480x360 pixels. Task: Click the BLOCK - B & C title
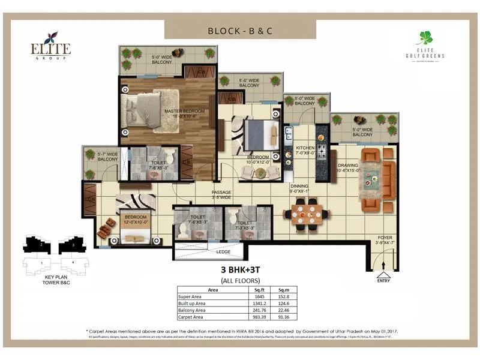coord(240,30)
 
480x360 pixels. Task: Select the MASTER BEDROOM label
coord(185,113)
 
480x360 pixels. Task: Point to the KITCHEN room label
coord(305,150)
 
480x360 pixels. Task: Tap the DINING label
coord(300,188)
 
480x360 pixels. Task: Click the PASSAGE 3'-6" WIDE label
coord(221,195)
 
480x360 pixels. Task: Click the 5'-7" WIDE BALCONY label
coord(107,157)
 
